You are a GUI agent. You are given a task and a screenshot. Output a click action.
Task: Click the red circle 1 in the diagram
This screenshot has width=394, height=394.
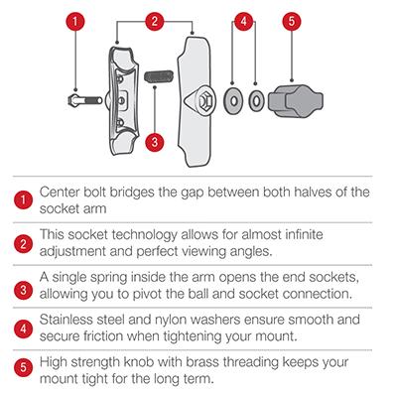tap(74, 22)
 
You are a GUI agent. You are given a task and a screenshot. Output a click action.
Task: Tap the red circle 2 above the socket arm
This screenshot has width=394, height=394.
tap(155, 22)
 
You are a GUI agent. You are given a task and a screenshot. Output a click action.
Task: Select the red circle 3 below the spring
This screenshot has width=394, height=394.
tap(155, 142)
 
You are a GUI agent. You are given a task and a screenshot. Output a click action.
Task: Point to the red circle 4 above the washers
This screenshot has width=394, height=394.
tap(244, 22)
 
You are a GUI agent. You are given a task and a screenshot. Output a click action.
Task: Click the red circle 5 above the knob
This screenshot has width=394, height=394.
tap(292, 22)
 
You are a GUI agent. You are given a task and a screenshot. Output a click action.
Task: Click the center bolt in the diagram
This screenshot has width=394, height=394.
tap(84, 100)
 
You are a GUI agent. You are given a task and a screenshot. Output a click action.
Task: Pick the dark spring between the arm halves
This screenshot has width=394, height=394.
tap(159, 76)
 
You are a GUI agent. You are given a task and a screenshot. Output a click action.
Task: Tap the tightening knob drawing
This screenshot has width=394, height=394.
tap(296, 100)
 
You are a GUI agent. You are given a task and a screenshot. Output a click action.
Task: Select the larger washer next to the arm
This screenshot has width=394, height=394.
tap(233, 100)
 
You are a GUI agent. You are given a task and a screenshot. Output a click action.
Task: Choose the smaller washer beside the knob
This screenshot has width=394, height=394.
tap(256, 100)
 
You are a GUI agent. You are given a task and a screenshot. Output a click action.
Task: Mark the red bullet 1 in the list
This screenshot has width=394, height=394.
tap(23, 199)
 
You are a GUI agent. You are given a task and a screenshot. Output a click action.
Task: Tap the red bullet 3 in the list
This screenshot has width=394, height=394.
tap(23, 290)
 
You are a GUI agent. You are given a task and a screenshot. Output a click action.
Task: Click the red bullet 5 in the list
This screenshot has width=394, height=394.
tap(23, 367)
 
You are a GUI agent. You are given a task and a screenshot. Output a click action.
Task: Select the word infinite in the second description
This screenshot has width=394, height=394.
tap(304, 234)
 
